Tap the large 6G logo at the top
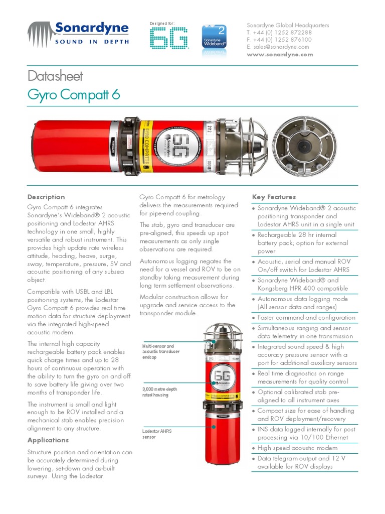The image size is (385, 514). [169, 39]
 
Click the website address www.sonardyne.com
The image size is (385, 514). [280, 54]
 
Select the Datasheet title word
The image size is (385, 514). [55, 76]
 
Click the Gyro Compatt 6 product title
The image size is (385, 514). [73, 94]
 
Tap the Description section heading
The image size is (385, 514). [46, 197]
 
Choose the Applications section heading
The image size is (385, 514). [48, 440]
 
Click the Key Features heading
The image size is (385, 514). [274, 197]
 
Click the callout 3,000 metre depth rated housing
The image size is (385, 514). [160, 392]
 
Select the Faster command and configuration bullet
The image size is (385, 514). [306, 318]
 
